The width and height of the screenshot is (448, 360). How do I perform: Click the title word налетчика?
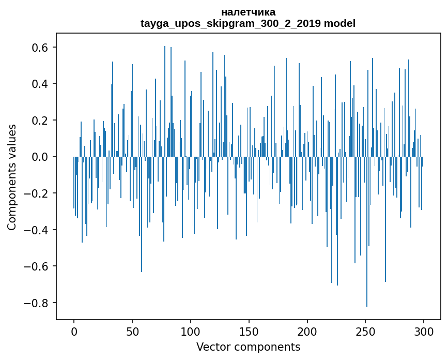[248, 12]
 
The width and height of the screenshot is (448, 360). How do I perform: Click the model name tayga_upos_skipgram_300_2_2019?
[231, 23]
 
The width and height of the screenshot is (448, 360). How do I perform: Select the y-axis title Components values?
[12, 177]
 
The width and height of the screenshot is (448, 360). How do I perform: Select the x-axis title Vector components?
[248, 347]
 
